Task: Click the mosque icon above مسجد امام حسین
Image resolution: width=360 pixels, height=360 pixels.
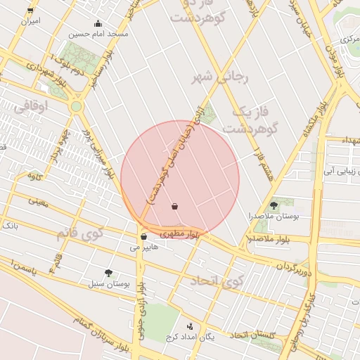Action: coord(97,23)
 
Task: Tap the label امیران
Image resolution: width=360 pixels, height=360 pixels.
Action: coord(30,21)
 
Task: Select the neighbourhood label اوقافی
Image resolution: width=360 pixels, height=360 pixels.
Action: coord(30,106)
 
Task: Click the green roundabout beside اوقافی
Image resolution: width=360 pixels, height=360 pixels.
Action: coord(76,106)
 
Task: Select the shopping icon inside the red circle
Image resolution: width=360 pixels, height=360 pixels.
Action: coord(174,206)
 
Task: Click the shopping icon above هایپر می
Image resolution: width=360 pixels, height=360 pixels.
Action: coord(144,237)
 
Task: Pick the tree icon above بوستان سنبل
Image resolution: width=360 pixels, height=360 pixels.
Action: coord(108,272)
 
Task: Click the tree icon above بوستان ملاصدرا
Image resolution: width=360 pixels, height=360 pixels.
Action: coord(274,205)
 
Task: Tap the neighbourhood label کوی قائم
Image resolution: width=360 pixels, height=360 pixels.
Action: coord(82,232)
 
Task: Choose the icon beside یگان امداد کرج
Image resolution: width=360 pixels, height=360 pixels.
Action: coord(190,326)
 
